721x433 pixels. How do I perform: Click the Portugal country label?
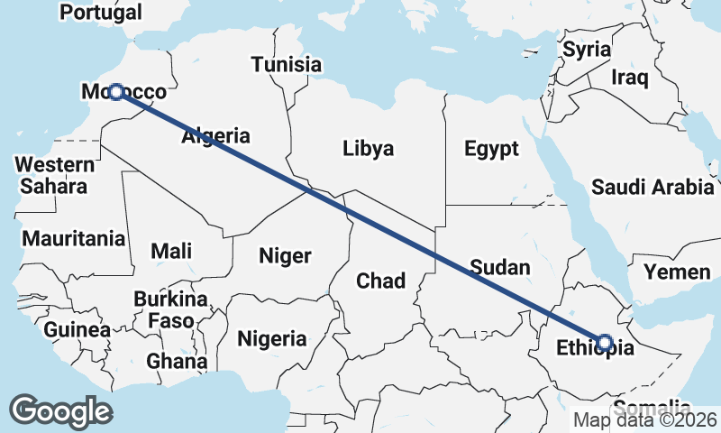pos(100,13)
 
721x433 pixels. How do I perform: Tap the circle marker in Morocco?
pos(115,92)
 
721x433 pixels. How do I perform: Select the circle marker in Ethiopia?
pos(605,342)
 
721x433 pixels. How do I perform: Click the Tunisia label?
pos(287,65)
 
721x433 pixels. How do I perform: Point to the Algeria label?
pos(215,137)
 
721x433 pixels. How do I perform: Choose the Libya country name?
pos(369,149)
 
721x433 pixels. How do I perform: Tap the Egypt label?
pos(492,149)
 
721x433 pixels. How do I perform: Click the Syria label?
pos(587,50)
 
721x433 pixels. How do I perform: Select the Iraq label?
pos(630,78)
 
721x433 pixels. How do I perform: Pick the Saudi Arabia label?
pos(653,188)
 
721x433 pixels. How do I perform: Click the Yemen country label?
pos(677,272)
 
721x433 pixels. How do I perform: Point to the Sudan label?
pos(499,267)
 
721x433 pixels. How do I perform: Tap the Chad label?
pos(381,281)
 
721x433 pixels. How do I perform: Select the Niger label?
pos(285,255)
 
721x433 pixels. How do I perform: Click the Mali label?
pos(171,251)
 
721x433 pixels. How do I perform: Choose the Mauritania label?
pos(74,240)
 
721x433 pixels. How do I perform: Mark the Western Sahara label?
pos(55,175)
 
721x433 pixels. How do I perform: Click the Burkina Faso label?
pos(170,309)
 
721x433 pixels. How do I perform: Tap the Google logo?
pos(61,411)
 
